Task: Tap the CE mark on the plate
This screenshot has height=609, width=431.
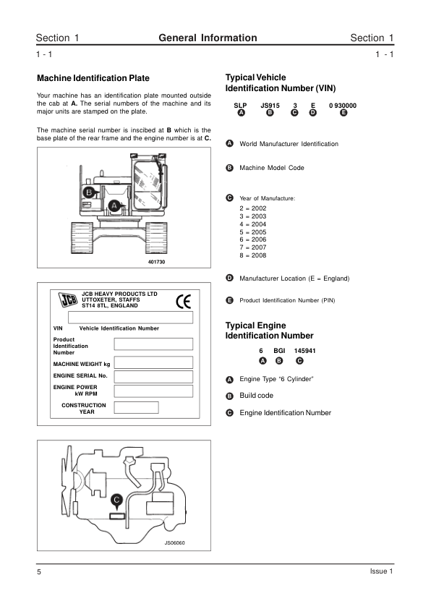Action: coord(183,302)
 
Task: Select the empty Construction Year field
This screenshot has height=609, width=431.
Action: coord(136,407)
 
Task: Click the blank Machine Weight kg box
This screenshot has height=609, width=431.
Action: coord(153,362)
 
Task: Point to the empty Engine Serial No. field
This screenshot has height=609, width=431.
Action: coord(153,377)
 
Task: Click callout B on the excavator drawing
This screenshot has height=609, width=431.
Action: coord(89,192)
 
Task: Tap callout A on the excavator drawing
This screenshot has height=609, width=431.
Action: coord(114,206)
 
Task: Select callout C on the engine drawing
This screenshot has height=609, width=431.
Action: coord(116,500)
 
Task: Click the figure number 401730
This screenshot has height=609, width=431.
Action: coord(156,262)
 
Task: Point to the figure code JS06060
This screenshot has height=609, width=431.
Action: coord(175,543)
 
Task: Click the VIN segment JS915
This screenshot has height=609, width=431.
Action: coord(270,106)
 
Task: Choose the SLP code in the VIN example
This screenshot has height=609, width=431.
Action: coord(240,106)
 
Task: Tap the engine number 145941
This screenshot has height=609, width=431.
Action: coord(304,351)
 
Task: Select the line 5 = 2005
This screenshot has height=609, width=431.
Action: coord(253,232)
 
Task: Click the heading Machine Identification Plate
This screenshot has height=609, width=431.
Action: coord(93,78)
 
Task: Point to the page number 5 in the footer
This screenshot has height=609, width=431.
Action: coord(39,571)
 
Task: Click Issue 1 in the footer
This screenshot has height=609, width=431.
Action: coord(381,571)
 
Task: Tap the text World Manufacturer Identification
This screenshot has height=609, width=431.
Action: coord(289,144)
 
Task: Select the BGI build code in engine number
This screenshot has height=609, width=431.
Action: coord(279,351)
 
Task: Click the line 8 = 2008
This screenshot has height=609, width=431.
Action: coord(253,255)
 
